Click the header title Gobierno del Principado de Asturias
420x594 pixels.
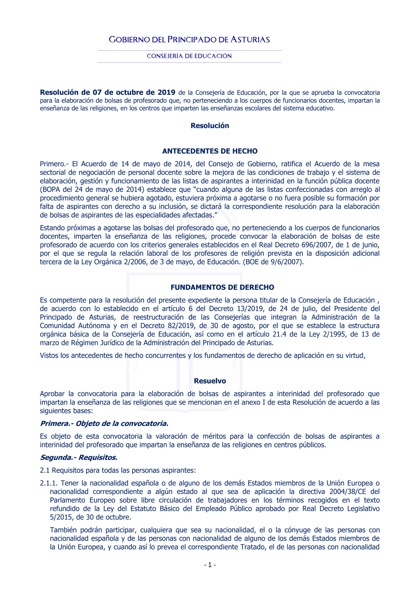point(189,39)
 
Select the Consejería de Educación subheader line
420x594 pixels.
point(189,56)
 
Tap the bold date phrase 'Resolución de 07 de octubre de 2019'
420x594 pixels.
point(108,92)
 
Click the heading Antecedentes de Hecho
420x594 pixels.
point(210,151)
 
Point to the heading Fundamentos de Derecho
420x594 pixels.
point(222,287)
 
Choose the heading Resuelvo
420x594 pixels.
point(210,381)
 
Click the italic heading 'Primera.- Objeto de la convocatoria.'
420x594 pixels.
point(104,423)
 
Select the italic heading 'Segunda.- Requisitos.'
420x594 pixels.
point(79,457)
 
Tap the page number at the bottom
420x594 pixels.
point(210,565)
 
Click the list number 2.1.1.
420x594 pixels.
point(49,483)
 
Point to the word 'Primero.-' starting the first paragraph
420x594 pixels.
point(54,164)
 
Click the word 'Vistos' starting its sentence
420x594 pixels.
point(49,355)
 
